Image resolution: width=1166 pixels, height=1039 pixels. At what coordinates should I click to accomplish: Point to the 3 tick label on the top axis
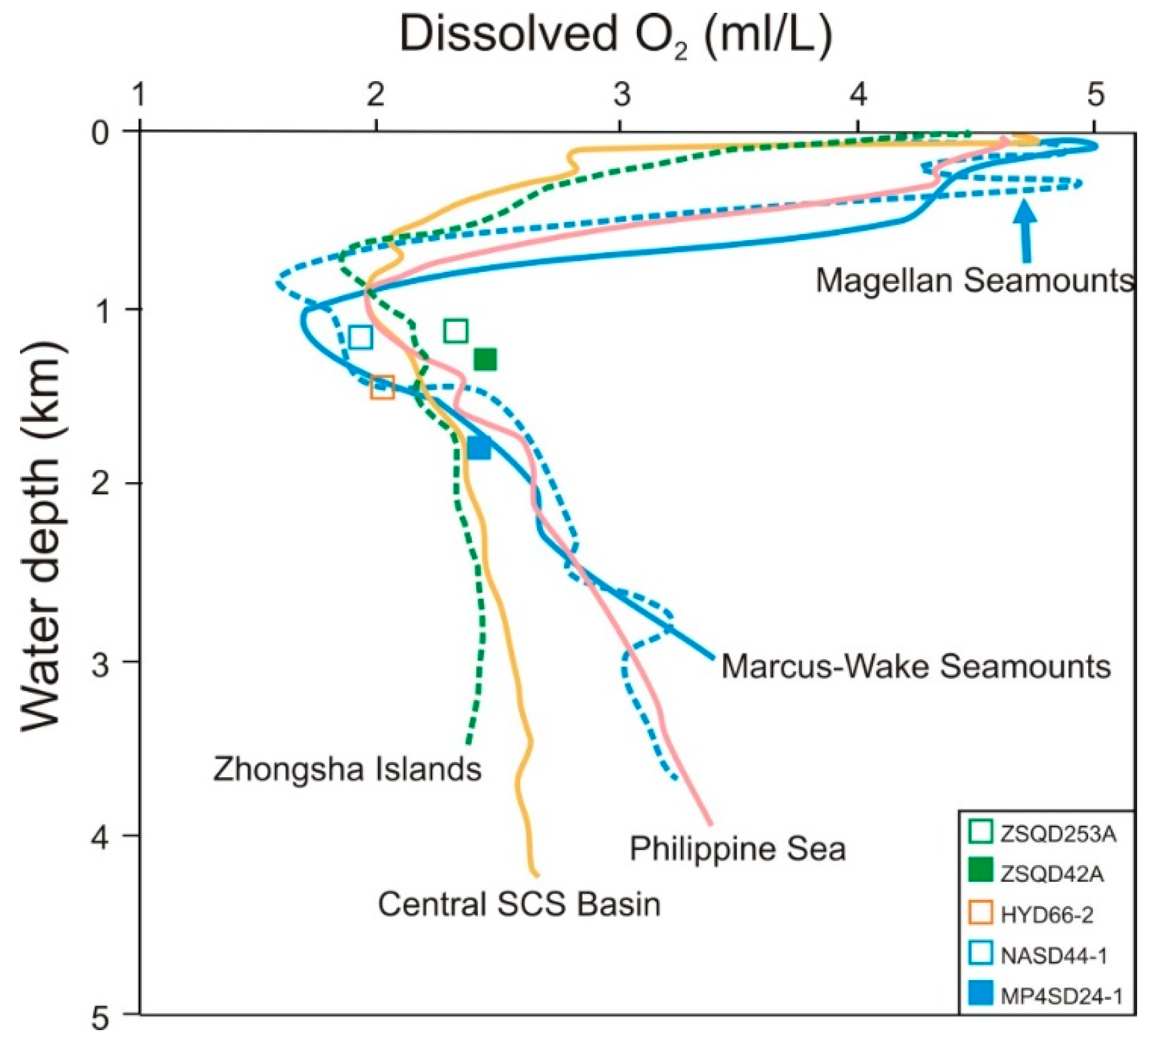click(622, 95)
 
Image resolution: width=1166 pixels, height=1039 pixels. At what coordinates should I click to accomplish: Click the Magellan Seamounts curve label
click(974, 281)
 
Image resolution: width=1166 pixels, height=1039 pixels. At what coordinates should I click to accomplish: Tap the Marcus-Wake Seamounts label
click(916, 666)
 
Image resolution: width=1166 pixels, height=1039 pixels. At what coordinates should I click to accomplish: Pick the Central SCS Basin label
click(519, 905)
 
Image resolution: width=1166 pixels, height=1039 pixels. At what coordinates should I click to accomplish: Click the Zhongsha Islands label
click(347, 769)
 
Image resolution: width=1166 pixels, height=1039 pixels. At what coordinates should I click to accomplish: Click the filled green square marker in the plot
click(485, 359)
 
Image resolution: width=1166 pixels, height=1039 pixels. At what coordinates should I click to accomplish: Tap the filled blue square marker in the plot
click(479, 448)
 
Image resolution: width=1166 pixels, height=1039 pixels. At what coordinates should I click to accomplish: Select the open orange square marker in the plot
click(382, 388)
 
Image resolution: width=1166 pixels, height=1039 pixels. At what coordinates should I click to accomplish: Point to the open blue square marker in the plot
click(360, 337)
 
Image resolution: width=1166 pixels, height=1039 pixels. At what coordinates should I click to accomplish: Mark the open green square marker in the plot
click(455, 331)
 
